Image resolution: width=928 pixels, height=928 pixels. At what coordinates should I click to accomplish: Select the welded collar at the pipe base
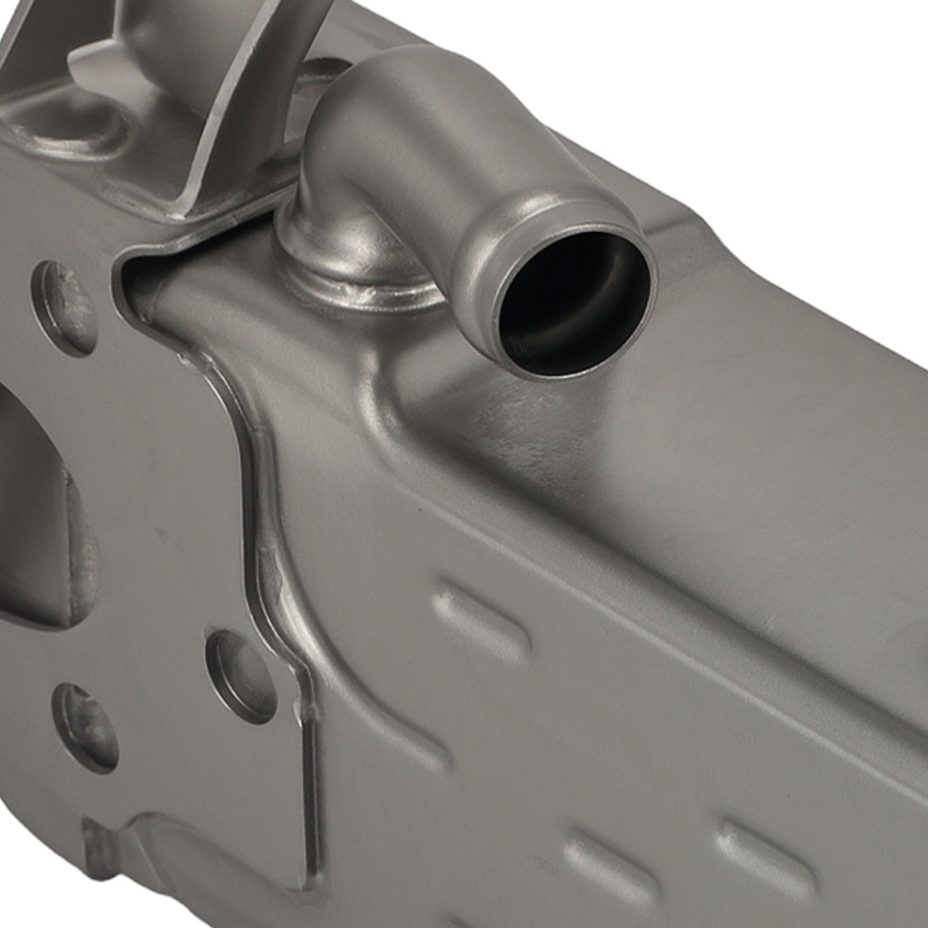[357, 278]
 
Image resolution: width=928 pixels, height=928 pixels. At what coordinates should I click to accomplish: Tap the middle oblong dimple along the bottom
[603, 868]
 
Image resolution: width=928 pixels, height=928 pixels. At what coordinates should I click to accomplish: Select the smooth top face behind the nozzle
[742, 343]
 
